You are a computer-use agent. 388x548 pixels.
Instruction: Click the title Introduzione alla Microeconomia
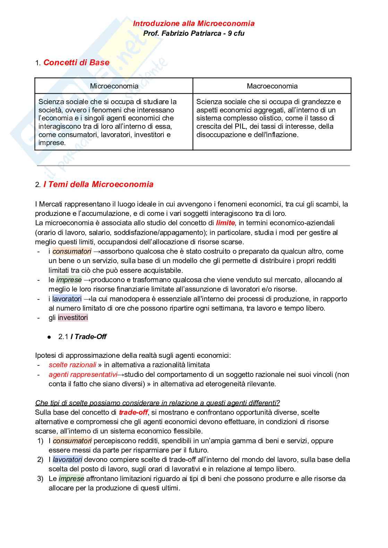tap(194, 24)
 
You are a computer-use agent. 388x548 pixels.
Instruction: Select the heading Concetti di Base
tap(76, 63)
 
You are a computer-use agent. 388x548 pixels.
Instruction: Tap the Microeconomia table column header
tap(114, 86)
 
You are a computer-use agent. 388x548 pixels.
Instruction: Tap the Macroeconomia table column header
tap(272, 86)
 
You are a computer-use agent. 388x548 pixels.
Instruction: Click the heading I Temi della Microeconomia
tap(98, 185)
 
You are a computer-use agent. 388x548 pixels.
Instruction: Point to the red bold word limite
tap(225, 223)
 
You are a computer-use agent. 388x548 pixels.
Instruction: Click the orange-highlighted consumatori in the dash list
tap(72, 252)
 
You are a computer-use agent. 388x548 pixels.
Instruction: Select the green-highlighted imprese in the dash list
tap(69, 280)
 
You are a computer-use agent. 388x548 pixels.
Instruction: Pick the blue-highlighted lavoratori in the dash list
tap(67, 299)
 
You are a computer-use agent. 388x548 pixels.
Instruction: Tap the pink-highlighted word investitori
tap(73, 318)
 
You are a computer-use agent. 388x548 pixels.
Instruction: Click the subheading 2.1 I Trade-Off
tap(82, 337)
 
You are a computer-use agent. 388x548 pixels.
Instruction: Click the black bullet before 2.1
tap(49, 337)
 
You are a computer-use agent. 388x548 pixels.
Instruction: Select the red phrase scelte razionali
tap(72, 365)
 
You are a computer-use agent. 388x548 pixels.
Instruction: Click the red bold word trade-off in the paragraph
tap(133, 413)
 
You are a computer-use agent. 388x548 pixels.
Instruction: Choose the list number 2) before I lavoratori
tap(40, 460)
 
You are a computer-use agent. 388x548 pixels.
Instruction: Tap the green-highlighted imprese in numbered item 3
tap(71, 479)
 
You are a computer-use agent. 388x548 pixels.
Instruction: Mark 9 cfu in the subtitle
tap(236, 34)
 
